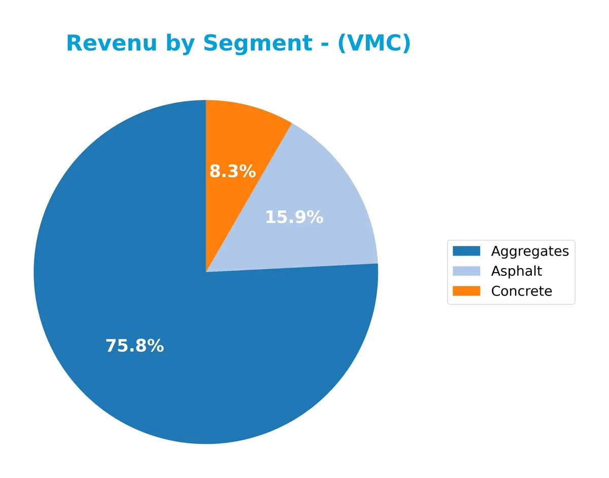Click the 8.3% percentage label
tap(232, 172)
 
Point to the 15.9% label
tap(294, 217)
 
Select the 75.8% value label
tap(134, 346)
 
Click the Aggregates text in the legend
tap(529, 251)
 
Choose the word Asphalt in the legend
tap(516, 271)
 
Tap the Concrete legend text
tap(521, 291)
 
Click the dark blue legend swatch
tap(466, 251)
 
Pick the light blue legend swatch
tap(466, 271)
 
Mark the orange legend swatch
tap(466, 291)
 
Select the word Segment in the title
tap(257, 44)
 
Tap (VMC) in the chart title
tap(374, 44)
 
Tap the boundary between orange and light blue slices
tap(249, 198)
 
